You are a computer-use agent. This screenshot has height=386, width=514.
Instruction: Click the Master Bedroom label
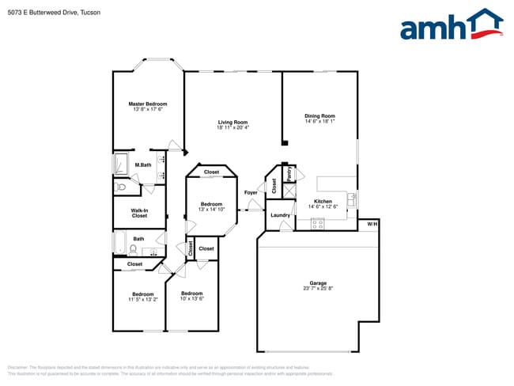pyautogui.click(x=148, y=104)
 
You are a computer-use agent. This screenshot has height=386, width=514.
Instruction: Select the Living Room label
pyautogui.click(x=233, y=122)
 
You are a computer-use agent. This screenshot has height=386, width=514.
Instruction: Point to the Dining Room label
pyautogui.click(x=320, y=116)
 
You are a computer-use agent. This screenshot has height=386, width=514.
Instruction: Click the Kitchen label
pyautogui.click(x=323, y=202)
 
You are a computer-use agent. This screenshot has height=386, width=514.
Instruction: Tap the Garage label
pyautogui.click(x=318, y=283)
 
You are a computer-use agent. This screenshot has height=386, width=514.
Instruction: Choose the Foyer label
pyautogui.click(x=251, y=192)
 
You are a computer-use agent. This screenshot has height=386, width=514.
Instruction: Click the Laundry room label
pyautogui.click(x=280, y=215)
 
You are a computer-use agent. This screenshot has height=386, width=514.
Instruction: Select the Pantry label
pyautogui.click(x=289, y=173)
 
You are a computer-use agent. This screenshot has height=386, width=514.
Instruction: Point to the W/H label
pyautogui.click(x=372, y=225)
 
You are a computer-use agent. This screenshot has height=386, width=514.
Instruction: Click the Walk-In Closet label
pyautogui.click(x=139, y=213)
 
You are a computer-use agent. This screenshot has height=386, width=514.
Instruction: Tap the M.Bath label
pyautogui.click(x=143, y=165)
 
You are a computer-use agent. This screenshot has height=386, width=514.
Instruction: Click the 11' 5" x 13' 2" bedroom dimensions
pyautogui.click(x=145, y=299)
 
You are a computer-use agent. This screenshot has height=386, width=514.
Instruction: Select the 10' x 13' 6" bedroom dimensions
pyautogui.click(x=191, y=298)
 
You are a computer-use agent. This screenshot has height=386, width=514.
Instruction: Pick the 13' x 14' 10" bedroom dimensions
pyautogui.click(x=211, y=209)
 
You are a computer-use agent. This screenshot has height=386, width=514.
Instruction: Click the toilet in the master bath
pyautogui.click(x=119, y=187)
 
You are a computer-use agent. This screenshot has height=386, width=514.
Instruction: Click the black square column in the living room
pyautogui.click(x=284, y=143)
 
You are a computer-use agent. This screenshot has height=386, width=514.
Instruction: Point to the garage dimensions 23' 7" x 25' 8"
pyautogui.click(x=318, y=289)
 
